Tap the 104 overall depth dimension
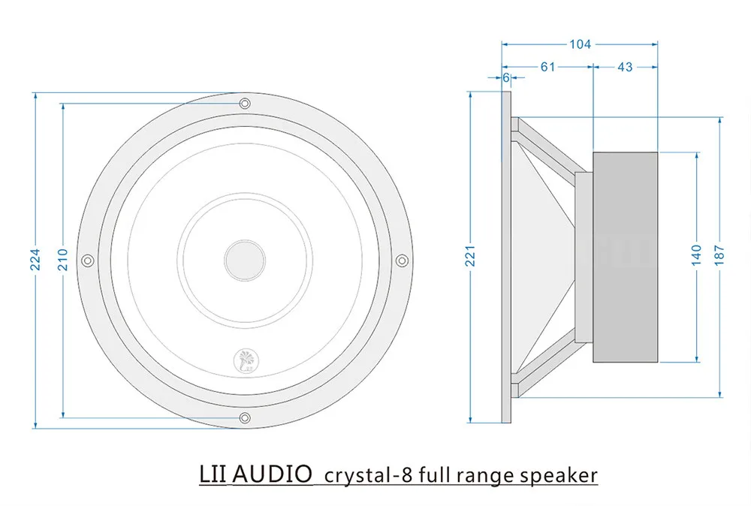[580, 44]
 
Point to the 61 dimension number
[547, 67]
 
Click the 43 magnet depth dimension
[625, 67]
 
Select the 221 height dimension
[471, 258]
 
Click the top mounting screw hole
[244, 103]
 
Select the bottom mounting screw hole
[244, 417]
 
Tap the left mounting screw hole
[87, 260]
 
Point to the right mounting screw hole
[401, 260]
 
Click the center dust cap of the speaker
[244, 258]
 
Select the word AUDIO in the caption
[273, 474]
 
